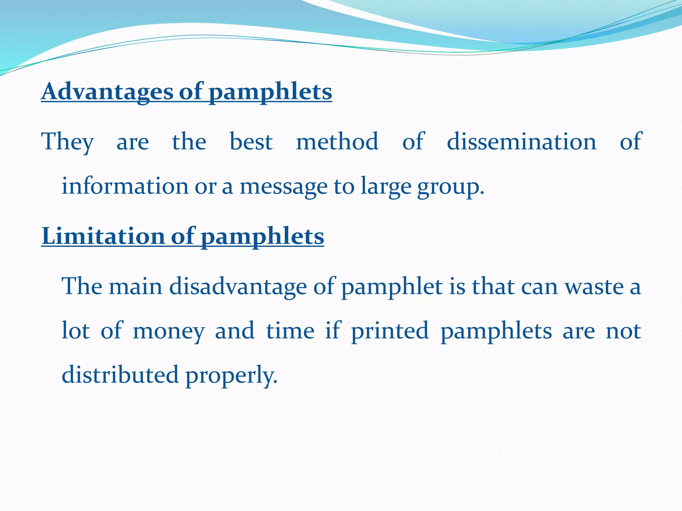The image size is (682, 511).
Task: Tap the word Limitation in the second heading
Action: tap(103, 236)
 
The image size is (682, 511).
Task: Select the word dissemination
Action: tap(521, 142)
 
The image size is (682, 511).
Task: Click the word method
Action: tap(337, 142)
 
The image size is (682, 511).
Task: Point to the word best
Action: tap(251, 142)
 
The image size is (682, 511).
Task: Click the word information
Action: tap(125, 186)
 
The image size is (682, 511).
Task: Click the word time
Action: tap(290, 331)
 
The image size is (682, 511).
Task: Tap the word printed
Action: tap(390, 331)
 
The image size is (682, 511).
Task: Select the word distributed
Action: tap(120, 375)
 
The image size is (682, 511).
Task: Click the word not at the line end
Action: tap(623, 331)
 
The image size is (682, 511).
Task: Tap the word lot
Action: tap(76, 331)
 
